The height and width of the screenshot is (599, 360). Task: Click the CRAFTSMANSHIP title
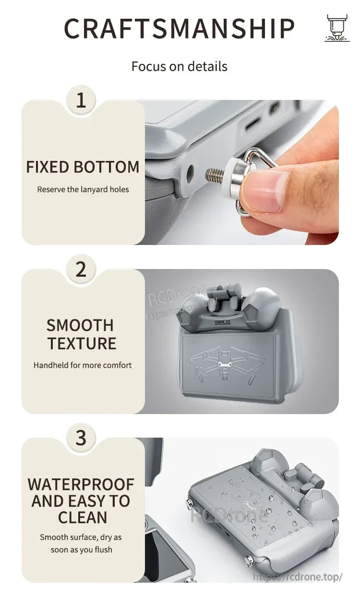(180, 28)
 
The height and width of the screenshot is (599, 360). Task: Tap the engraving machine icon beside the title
(337, 28)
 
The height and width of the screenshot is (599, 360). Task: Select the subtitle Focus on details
(180, 66)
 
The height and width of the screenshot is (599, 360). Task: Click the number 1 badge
(81, 100)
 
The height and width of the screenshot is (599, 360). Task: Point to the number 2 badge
(81, 269)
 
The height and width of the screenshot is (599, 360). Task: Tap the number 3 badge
(81, 438)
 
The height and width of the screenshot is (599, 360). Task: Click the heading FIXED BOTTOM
(83, 167)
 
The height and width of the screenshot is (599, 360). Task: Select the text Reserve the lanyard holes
(83, 189)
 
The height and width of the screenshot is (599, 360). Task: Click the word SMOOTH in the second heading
(80, 326)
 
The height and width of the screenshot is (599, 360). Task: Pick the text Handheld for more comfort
(83, 365)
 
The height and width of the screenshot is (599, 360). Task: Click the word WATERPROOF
(81, 484)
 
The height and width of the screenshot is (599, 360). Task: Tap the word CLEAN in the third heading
(83, 517)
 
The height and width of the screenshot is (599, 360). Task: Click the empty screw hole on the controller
(190, 173)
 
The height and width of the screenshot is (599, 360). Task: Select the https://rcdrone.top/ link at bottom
(298, 577)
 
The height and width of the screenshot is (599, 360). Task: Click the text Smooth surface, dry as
(81, 537)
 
